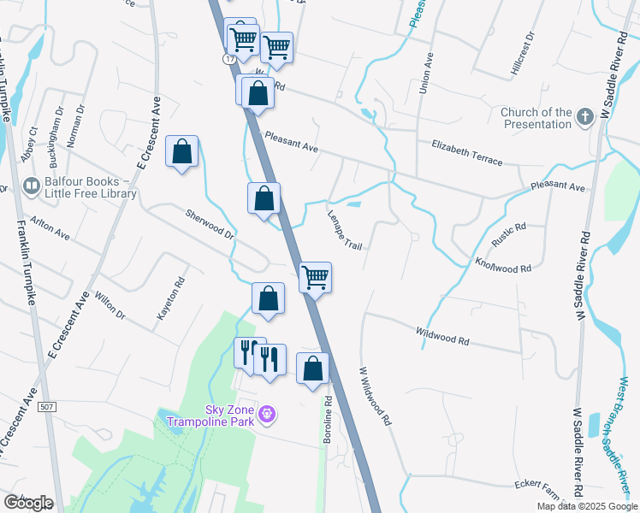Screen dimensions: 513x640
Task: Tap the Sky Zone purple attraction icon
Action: coord(267,416)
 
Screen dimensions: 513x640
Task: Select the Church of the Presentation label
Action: coord(536,118)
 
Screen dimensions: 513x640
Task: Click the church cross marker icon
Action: coord(585,116)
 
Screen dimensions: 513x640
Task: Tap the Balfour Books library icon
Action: coord(32,186)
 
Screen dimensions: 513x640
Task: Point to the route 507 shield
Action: coord(48,407)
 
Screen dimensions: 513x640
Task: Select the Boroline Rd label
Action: coord(327,419)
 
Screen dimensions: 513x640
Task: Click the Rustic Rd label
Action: coord(508,233)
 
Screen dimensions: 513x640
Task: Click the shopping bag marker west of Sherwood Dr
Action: coord(182,151)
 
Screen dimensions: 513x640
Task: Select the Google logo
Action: coord(28,503)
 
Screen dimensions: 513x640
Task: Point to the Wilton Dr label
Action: coord(110,304)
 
